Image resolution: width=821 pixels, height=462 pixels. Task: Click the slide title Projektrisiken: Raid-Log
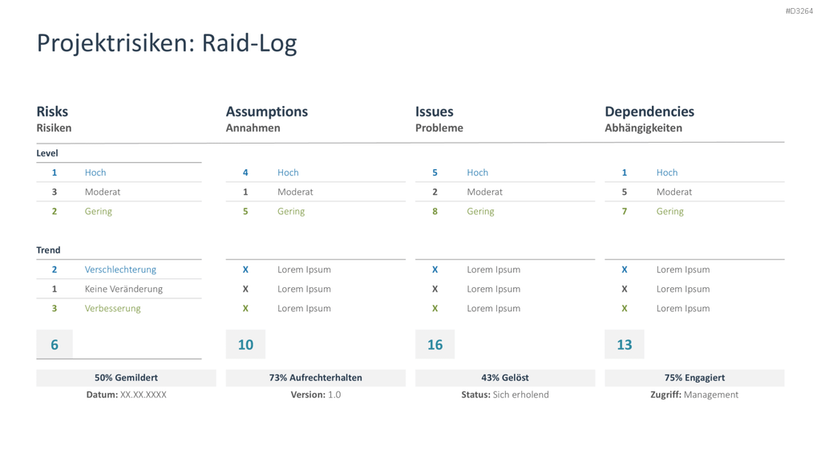coord(167,43)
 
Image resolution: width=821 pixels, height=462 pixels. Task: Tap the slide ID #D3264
coord(799,11)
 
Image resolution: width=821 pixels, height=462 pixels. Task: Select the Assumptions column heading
coord(266,111)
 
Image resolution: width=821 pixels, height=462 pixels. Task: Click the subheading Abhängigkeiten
coord(643,128)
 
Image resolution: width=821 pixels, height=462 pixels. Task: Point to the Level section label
coord(47,153)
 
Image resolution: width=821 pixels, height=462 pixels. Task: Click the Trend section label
coord(48,250)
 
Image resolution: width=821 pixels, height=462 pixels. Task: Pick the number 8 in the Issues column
coord(435,211)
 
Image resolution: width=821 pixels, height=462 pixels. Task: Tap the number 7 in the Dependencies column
coord(624,211)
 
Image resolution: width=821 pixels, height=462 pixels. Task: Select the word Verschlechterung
coord(120,269)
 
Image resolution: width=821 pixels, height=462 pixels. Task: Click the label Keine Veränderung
coord(123,289)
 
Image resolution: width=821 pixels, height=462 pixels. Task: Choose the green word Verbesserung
coord(112,308)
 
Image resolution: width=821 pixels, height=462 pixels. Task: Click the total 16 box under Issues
coord(435,344)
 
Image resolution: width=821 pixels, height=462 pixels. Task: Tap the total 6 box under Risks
coord(55,344)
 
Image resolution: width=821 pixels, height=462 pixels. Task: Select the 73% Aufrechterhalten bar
coord(316,378)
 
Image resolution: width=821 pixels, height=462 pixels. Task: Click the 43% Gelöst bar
coord(505,378)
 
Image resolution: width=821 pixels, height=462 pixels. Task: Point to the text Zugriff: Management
coord(694,395)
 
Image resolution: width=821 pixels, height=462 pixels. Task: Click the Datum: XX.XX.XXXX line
coord(126,395)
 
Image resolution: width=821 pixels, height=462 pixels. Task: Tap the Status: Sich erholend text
coord(505,395)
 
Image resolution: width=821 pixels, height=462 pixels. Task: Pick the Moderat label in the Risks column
coord(103,192)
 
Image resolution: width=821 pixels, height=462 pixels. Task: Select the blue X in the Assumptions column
coord(245,269)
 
